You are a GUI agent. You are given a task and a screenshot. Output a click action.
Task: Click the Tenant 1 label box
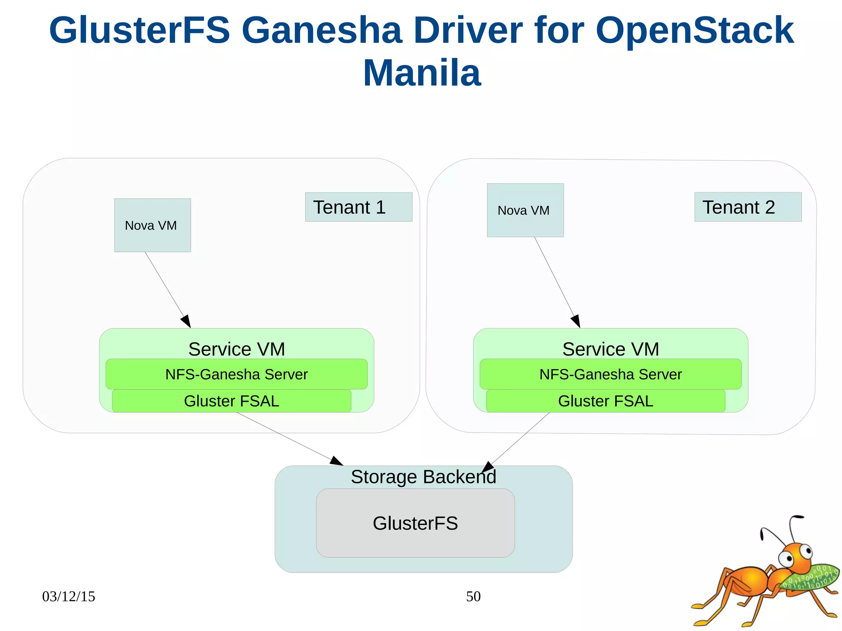(358, 207)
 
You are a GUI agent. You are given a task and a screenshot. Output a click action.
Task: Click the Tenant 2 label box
(747, 207)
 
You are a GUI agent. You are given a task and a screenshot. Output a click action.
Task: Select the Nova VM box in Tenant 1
(152, 225)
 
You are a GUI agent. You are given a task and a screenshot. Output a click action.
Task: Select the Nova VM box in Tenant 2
(525, 210)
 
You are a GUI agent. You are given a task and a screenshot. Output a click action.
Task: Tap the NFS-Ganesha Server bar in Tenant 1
(236, 374)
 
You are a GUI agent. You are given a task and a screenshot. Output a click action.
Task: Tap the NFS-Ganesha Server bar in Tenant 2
(610, 374)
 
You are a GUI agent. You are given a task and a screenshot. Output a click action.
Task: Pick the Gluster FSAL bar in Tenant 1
(231, 401)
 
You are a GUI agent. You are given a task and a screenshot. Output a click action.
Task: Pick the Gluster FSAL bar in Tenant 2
(605, 401)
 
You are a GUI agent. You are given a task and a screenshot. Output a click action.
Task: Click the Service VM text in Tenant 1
(236, 349)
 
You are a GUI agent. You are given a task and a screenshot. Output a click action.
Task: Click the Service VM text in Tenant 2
(611, 349)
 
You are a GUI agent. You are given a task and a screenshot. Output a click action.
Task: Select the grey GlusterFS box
(415, 523)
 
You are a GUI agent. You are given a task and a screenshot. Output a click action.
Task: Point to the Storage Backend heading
(423, 477)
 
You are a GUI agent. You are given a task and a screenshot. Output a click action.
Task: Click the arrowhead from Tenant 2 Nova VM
(576, 321)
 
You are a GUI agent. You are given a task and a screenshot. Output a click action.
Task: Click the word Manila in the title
(422, 73)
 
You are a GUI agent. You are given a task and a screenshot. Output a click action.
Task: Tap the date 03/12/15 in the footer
(68, 596)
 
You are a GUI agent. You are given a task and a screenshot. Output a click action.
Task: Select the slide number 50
(473, 596)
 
